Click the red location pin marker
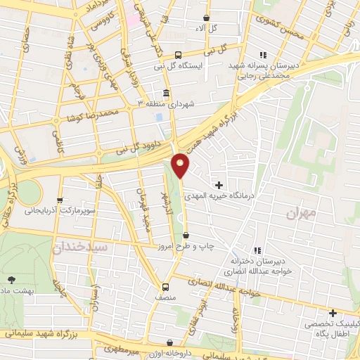pyautogui.click(x=181, y=165)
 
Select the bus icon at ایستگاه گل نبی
pyautogui.click(x=179, y=55)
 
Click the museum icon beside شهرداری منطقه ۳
pyautogui.click(x=166, y=93)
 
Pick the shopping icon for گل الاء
pyautogui.click(x=206, y=18)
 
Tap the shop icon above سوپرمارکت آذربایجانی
pyautogui.click(x=60, y=199)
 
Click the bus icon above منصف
pyautogui.click(x=165, y=287)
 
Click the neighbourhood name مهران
pyautogui.click(x=302, y=211)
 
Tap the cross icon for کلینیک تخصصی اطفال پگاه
pyautogui.click(x=333, y=312)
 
